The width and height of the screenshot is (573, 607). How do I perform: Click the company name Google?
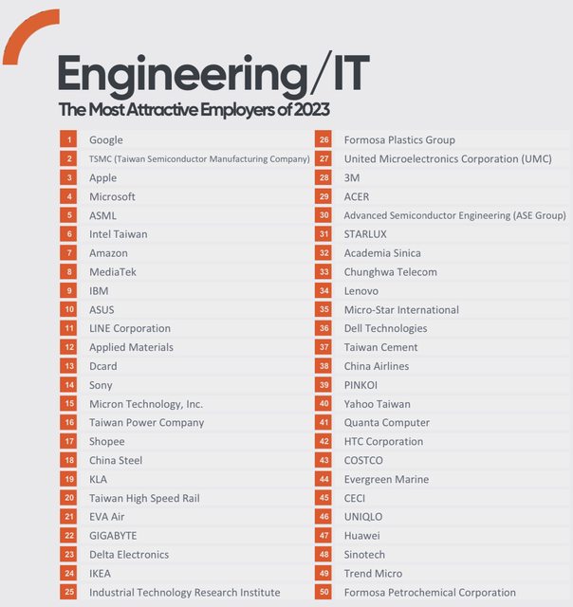(106, 140)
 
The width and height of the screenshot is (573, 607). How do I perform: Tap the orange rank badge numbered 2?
(69, 159)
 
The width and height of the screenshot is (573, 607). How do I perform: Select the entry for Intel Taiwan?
(119, 234)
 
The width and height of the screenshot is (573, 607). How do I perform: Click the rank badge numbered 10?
(69, 309)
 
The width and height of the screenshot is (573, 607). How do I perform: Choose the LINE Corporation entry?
(130, 328)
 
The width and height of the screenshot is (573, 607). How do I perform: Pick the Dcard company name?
(103, 366)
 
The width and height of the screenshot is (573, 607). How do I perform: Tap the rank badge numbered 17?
(69, 441)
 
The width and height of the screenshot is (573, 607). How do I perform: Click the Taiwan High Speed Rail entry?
(144, 498)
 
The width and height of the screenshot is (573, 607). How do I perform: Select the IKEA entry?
(101, 573)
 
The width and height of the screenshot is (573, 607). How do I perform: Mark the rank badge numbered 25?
(69, 592)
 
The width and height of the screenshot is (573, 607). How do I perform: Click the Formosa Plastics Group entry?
(399, 140)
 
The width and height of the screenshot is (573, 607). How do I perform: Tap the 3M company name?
(352, 177)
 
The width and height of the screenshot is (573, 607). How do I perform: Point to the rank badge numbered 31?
(324, 234)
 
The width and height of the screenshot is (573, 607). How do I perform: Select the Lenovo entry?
(361, 291)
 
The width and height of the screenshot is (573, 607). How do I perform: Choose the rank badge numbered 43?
(324, 460)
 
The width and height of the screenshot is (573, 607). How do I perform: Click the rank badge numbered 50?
(324, 592)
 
